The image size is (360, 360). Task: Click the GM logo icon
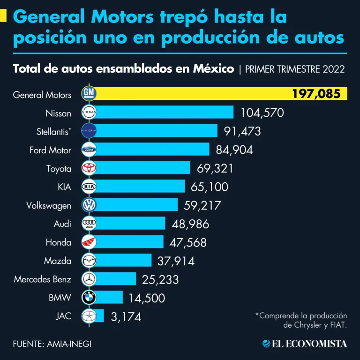click(x=89, y=94)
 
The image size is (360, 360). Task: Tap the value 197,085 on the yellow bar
click(x=316, y=94)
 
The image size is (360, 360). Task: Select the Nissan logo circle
click(x=89, y=112)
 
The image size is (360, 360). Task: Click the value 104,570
click(x=262, y=113)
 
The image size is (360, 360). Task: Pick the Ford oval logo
click(x=89, y=150)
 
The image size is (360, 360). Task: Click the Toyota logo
click(x=89, y=168)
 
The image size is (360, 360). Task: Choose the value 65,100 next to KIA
click(x=210, y=187)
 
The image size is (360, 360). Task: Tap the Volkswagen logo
click(x=89, y=205)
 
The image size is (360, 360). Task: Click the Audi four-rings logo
click(x=89, y=224)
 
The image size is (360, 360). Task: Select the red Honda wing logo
click(x=89, y=242)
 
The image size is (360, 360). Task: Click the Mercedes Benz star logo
click(x=89, y=279)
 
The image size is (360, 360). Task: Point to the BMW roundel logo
click(x=89, y=298)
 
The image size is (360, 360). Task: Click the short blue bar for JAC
click(x=100, y=316)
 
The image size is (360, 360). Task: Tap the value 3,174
click(x=126, y=317)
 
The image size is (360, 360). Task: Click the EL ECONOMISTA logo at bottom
click(x=305, y=344)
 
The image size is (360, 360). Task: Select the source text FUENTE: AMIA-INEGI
click(x=52, y=344)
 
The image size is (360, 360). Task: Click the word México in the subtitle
click(x=213, y=69)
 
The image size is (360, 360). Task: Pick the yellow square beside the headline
click(x=3, y=17)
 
